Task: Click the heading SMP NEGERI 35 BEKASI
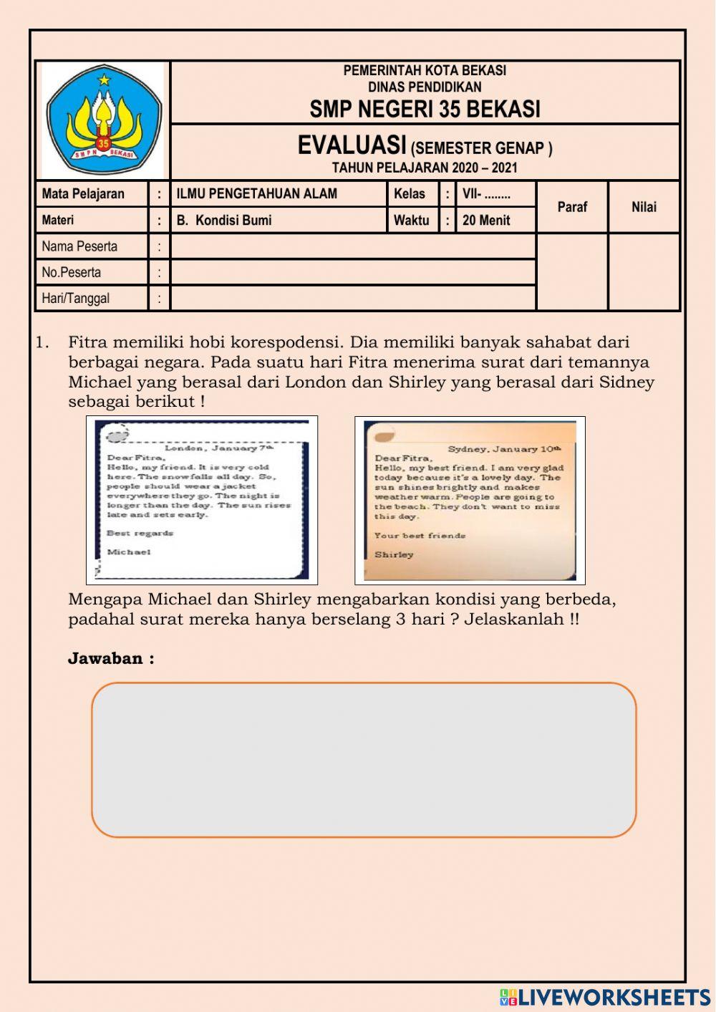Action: (x=425, y=109)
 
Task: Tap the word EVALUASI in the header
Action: (x=352, y=145)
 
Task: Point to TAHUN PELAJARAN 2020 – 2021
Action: (x=425, y=168)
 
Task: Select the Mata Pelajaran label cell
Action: (x=83, y=193)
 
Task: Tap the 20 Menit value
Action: (x=486, y=220)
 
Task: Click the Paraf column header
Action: (x=572, y=206)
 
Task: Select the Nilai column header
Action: (x=644, y=206)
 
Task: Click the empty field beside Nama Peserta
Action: (x=353, y=246)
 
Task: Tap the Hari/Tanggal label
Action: (x=76, y=298)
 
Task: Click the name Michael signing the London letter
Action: (x=129, y=551)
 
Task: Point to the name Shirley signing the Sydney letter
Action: (x=394, y=554)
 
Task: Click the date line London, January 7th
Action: (x=219, y=448)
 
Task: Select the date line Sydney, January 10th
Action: (x=504, y=449)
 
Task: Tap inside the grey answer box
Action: (x=364, y=759)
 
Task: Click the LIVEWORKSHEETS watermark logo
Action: (x=605, y=997)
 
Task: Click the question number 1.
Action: (x=42, y=342)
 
